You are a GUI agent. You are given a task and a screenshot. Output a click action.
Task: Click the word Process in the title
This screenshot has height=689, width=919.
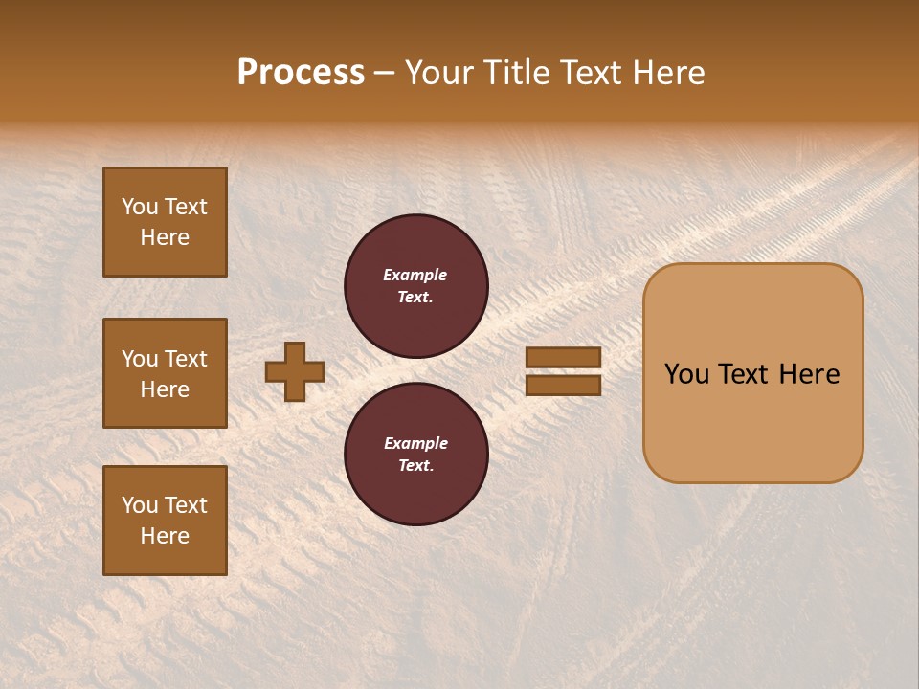click(301, 73)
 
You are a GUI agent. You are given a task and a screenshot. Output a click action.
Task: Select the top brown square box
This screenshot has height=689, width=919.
click(165, 222)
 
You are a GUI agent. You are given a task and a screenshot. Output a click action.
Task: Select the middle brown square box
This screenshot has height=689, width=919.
click(165, 373)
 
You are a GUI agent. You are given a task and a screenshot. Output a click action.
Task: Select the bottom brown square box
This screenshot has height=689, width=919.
click(165, 521)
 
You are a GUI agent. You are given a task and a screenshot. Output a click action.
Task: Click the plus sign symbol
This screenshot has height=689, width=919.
click(295, 371)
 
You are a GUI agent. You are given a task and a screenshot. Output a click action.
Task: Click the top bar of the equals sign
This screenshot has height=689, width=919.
click(564, 358)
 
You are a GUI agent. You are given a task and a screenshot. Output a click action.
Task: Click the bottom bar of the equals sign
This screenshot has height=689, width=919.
click(564, 385)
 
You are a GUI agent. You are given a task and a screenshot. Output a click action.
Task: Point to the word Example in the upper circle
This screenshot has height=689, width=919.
click(415, 275)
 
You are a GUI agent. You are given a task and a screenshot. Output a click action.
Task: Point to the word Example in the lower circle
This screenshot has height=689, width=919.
click(415, 443)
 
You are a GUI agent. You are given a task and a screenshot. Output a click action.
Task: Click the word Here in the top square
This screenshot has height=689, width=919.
click(165, 237)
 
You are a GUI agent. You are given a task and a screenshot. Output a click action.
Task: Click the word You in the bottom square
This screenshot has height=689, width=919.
click(140, 505)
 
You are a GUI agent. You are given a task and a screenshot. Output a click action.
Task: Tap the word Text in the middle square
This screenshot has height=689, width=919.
click(186, 359)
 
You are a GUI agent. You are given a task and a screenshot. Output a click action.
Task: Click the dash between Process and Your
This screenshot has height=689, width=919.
click(385, 73)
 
